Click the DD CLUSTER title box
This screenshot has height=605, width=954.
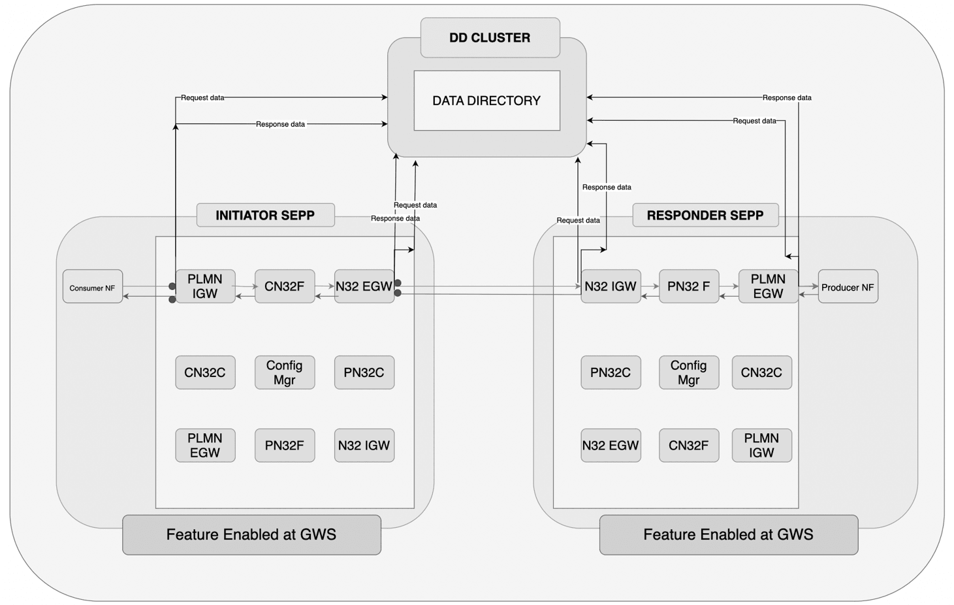[x=490, y=38]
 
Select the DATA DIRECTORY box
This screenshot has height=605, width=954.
[x=486, y=101]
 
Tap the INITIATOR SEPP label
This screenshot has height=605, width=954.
[x=265, y=215]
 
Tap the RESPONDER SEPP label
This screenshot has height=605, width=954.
[x=705, y=215]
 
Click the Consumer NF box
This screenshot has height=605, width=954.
[x=92, y=287]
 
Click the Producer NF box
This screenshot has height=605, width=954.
[x=848, y=287]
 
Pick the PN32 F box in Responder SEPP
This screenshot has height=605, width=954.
[x=688, y=286]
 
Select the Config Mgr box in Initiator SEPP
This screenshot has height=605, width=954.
[x=284, y=372]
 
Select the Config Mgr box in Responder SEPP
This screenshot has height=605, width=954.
[x=688, y=372]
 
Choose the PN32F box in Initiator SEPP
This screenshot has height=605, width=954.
[x=284, y=446]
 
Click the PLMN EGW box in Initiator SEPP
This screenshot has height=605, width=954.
[x=205, y=446]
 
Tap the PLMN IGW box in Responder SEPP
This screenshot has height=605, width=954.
[x=761, y=446]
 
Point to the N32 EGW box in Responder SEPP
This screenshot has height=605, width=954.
[x=611, y=446]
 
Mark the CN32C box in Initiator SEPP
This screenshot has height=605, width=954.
[x=205, y=372]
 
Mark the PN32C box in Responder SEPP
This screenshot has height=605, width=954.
[x=611, y=372]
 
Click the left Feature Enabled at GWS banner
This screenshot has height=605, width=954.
[x=251, y=534]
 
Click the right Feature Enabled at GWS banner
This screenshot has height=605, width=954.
[x=728, y=534]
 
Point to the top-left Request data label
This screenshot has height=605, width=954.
[x=202, y=98]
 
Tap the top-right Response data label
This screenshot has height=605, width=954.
[x=787, y=98]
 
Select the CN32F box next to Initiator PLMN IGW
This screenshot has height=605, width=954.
[x=284, y=286]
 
